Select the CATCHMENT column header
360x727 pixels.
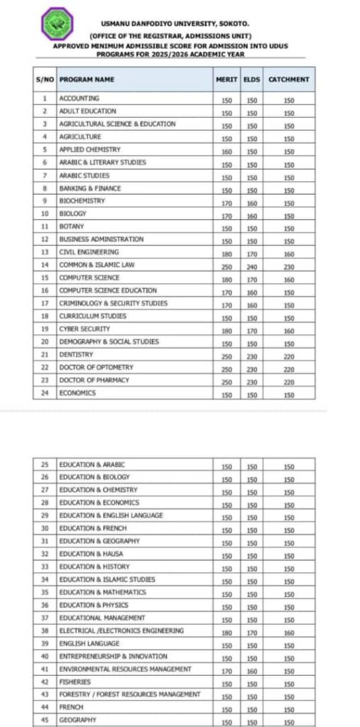(x=288, y=80)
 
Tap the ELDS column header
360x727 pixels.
(x=251, y=80)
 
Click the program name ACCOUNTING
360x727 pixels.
(x=79, y=99)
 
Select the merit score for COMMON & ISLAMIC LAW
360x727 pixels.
(x=226, y=266)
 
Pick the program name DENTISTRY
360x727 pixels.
(x=76, y=355)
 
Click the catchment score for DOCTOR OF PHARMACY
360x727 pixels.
(x=288, y=381)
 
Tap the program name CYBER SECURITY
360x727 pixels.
(x=84, y=329)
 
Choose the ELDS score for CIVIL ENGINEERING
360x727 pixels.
(x=251, y=253)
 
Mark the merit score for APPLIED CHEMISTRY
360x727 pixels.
(x=226, y=151)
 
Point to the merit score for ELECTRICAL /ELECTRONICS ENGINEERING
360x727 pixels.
(x=226, y=631)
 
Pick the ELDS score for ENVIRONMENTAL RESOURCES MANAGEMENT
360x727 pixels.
(x=251, y=669)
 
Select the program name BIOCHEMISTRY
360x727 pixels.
(x=82, y=201)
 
